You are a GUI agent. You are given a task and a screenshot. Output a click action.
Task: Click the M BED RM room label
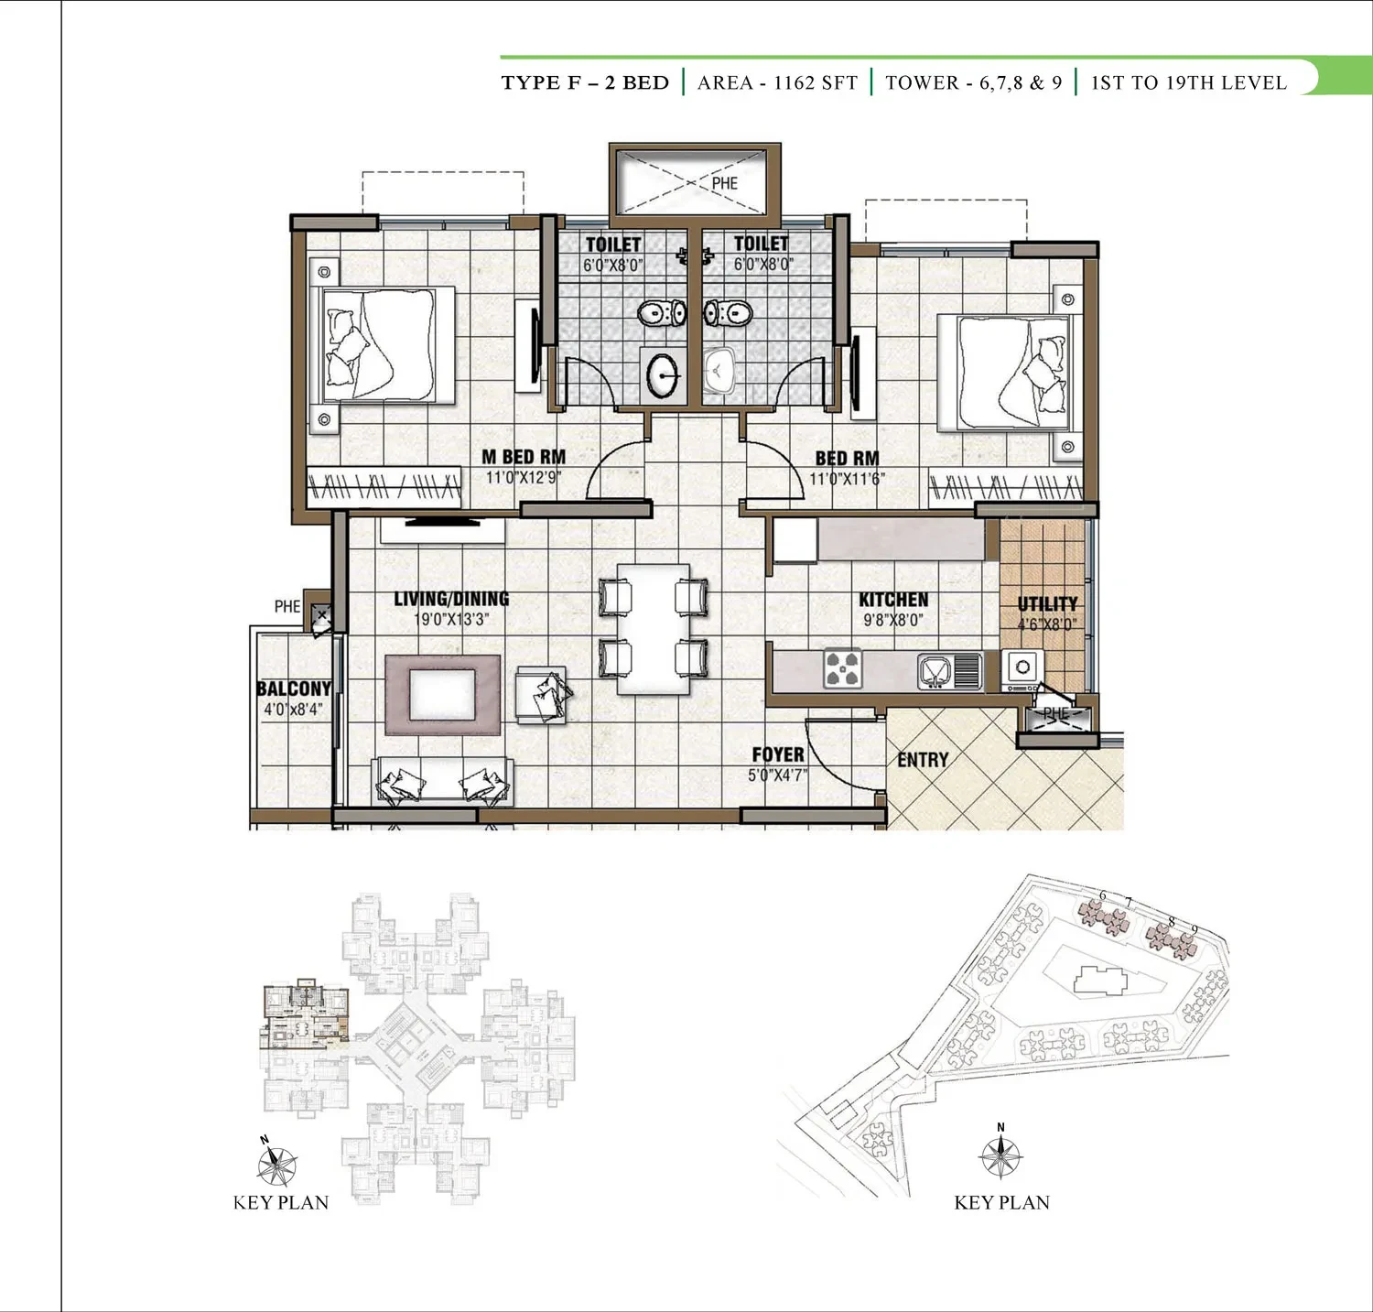tap(524, 457)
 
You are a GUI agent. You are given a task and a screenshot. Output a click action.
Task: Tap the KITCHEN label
tap(893, 600)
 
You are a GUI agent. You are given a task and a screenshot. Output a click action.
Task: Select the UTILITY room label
tap(1047, 604)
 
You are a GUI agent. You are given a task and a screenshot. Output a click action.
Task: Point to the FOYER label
tap(778, 754)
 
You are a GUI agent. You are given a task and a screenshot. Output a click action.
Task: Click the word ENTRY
tap(923, 760)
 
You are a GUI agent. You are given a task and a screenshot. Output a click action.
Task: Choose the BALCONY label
tap(293, 689)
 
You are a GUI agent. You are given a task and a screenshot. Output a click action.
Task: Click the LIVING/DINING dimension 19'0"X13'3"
tap(451, 620)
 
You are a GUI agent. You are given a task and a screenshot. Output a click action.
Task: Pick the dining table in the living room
tap(654, 629)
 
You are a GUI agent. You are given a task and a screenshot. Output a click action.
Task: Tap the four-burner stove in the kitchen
tap(842, 668)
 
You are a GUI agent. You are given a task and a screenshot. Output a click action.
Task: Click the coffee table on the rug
tap(443, 695)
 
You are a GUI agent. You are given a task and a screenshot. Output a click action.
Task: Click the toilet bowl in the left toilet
tap(661, 314)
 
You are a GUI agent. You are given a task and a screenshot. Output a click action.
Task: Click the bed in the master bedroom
tap(386, 345)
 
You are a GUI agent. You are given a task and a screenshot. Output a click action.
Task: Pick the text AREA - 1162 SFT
tap(777, 82)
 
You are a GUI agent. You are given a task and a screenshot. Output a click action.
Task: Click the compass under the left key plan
tap(276, 1164)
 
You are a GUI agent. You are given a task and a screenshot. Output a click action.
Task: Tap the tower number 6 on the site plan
tap(1103, 895)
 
